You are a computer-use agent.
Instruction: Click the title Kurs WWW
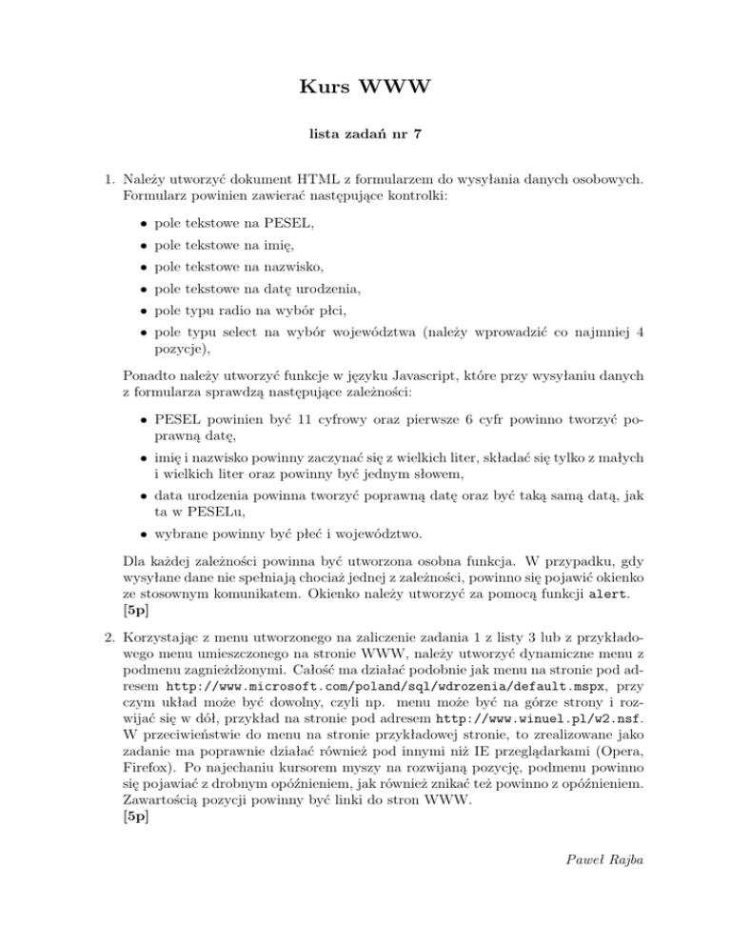tap(365, 91)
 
